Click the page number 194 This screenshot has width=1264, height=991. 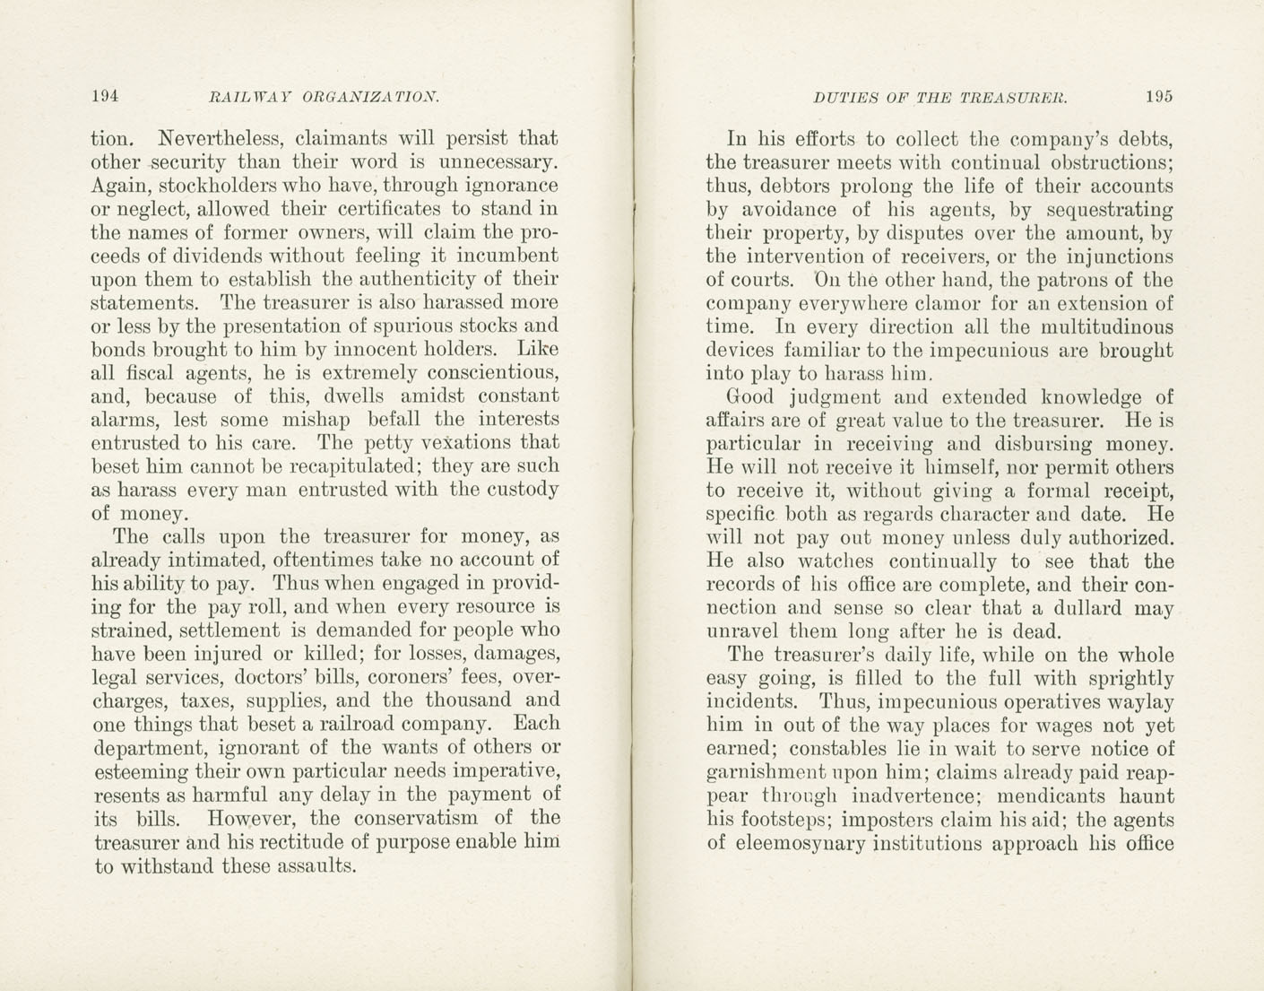105,96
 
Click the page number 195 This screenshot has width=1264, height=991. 1158,97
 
